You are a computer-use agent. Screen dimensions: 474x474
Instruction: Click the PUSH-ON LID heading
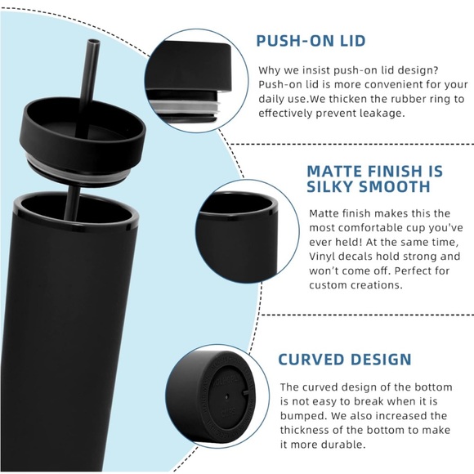pyautogui.click(x=310, y=41)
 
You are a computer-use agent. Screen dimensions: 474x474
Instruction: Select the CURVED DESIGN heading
pyautogui.click(x=344, y=360)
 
